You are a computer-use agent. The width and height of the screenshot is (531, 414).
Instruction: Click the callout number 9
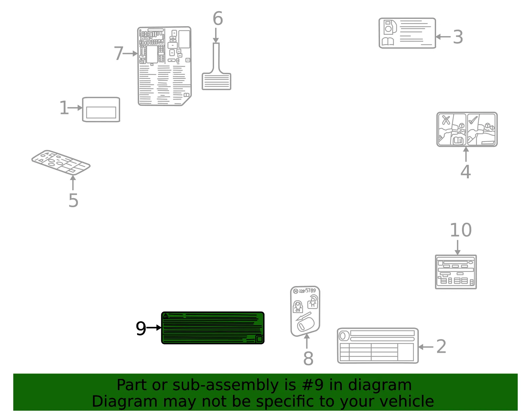click(x=141, y=328)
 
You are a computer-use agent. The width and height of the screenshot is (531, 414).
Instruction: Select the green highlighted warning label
click(x=213, y=327)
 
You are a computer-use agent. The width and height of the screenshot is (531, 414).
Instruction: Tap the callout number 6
click(x=218, y=18)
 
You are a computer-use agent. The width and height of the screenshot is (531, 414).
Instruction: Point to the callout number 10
click(x=461, y=230)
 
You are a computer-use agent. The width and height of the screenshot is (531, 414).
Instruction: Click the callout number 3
click(x=458, y=37)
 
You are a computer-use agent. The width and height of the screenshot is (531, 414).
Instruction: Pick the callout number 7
click(x=118, y=53)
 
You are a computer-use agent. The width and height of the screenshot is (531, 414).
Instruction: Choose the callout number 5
click(x=73, y=201)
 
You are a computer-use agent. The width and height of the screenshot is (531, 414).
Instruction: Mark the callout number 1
click(x=64, y=108)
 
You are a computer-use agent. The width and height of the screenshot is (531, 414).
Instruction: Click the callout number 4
click(x=466, y=172)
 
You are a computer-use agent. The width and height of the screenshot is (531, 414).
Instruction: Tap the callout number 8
click(x=308, y=358)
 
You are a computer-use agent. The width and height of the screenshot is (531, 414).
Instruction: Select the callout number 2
click(x=441, y=346)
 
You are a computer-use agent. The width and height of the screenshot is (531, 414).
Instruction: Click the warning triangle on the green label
click(x=166, y=316)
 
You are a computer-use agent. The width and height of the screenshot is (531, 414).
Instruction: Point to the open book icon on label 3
click(x=388, y=41)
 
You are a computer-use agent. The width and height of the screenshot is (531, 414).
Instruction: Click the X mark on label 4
click(x=446, y=120)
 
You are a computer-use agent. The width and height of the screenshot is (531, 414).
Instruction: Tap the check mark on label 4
click(x=473, y=120)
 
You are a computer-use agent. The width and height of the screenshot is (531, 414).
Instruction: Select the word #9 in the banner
click(x=313, y=385)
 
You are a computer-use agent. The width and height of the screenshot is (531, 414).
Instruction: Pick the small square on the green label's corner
click(x=260, y=339)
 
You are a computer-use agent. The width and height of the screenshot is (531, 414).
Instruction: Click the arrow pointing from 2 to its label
click(x=426, y=347)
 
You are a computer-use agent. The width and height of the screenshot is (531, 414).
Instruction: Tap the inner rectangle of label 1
click(x=101, y=112)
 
